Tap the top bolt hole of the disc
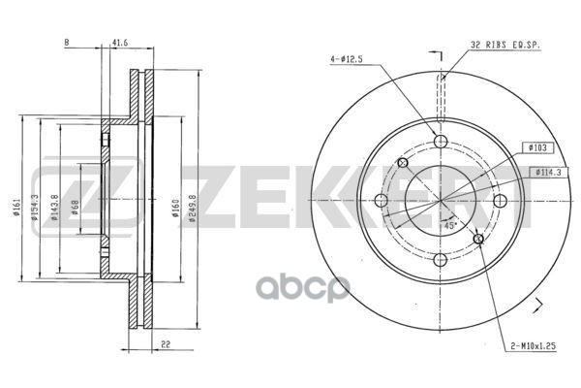click(x=441, y=143)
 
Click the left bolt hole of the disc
click(x=381, y=202)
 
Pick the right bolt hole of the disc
click(x=500, y=202)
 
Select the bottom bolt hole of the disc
click(x=441, y=261)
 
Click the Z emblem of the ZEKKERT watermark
click(x=56, y=191)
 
